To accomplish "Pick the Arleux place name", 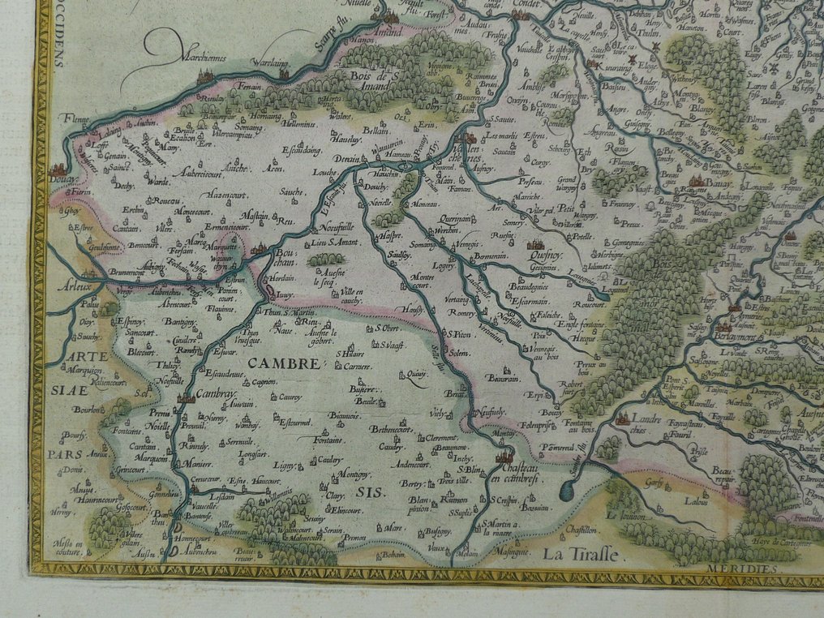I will pos(74,285).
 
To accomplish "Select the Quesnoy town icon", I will pos(535,242).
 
